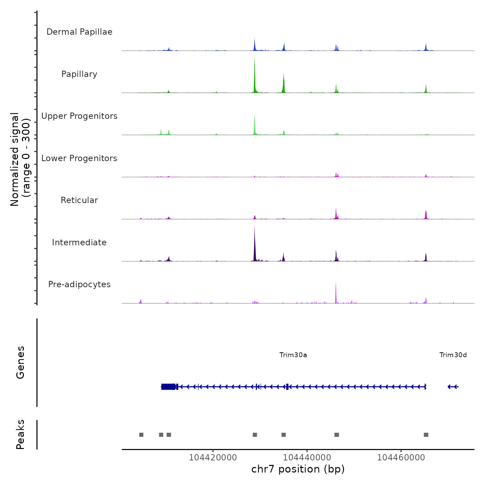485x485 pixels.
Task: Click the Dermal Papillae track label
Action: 79,32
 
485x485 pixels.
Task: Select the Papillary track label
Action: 79,74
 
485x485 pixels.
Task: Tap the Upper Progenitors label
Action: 79,116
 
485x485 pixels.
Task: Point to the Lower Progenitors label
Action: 79,158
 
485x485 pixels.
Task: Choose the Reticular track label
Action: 79,200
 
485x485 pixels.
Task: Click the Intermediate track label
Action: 79,242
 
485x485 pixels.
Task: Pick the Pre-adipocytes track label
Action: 79,284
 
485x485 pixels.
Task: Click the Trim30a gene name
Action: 293,355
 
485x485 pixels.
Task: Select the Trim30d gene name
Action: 453,355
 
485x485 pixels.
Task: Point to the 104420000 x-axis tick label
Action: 213,458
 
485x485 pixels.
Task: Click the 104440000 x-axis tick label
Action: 307,458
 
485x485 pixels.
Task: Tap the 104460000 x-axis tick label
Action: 401,458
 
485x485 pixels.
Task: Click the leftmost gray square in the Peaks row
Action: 141,435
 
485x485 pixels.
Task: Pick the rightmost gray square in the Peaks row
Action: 426,435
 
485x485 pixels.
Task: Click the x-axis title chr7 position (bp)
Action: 298,469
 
